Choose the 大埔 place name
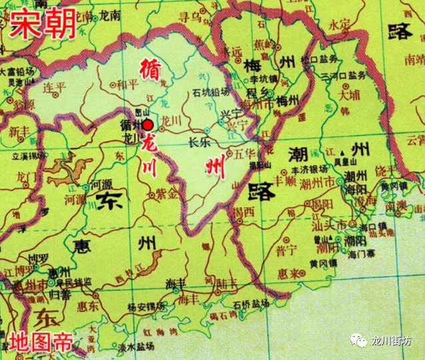coord(349,95)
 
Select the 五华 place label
coord(244,153)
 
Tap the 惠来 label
coord(290,273)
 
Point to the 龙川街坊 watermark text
coord(394,341)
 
